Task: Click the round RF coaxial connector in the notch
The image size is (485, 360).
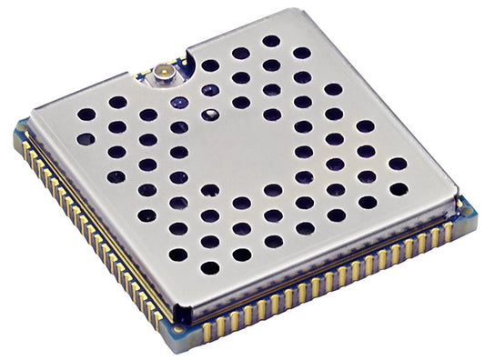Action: click(165, 69)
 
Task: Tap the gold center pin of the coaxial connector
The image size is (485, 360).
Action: click(165, 69)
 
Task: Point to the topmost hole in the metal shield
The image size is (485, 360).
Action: click(271, 41)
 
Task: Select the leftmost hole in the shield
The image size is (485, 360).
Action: click(86, 115)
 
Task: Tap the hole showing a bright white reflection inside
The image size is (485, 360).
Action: click(210, 115)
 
